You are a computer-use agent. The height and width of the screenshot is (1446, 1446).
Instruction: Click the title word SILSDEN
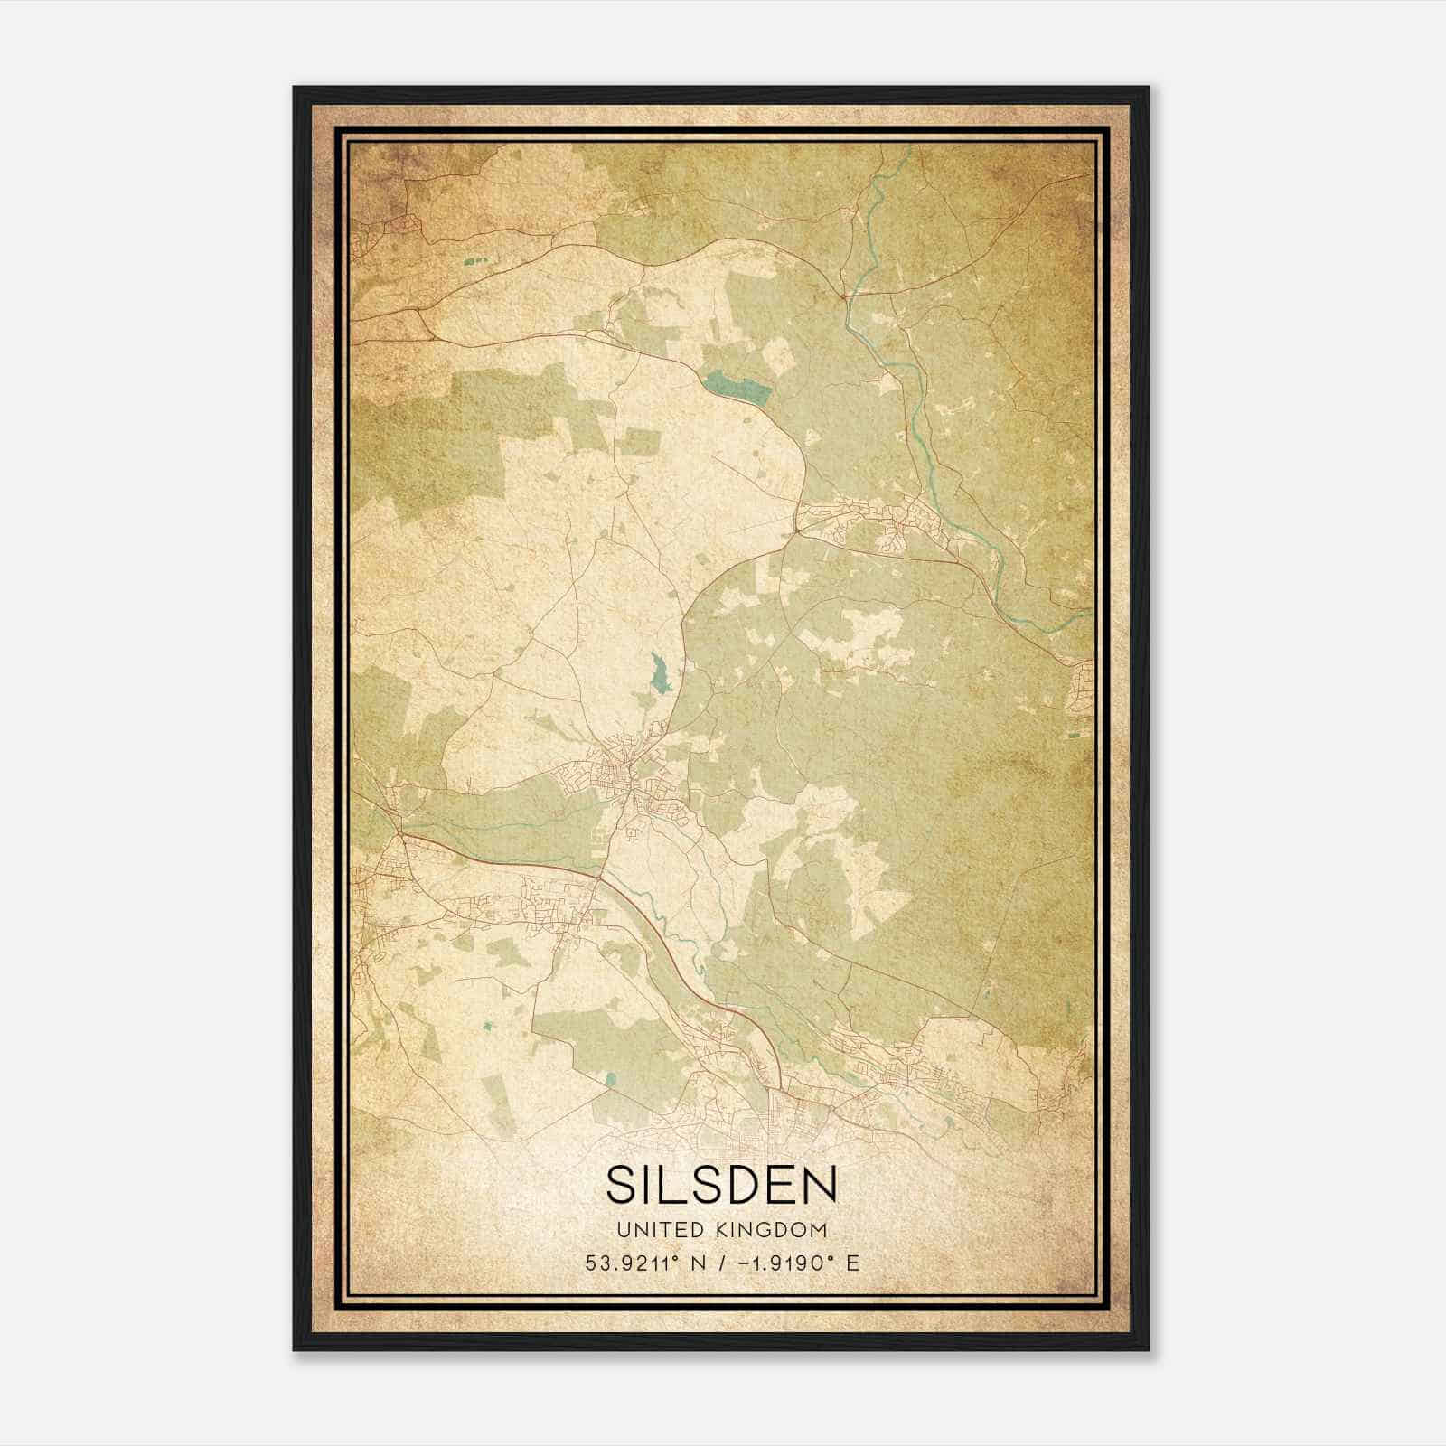point(721,1185)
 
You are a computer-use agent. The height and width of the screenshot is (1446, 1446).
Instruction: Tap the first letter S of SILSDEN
point(623,1185)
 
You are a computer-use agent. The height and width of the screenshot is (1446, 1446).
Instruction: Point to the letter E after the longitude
point(852,1263)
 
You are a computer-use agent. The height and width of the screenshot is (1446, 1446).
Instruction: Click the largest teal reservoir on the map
point(739,389)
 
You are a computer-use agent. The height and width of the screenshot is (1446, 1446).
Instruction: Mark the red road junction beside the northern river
point(842,295)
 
